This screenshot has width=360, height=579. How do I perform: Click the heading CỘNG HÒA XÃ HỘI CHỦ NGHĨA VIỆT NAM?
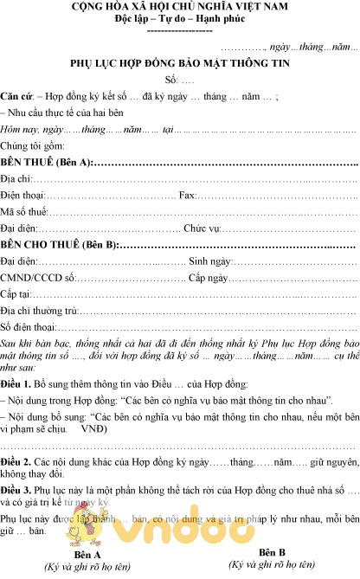(179, 8)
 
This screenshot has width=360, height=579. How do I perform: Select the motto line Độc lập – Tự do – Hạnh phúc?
(179, 20)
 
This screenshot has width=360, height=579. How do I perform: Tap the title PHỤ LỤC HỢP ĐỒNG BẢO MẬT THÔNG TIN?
(179, 64)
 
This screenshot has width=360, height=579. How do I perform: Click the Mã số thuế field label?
(22, 211)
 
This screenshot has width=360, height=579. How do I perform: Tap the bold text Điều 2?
(16, 464)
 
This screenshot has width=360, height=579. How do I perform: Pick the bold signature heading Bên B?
(271, 552)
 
